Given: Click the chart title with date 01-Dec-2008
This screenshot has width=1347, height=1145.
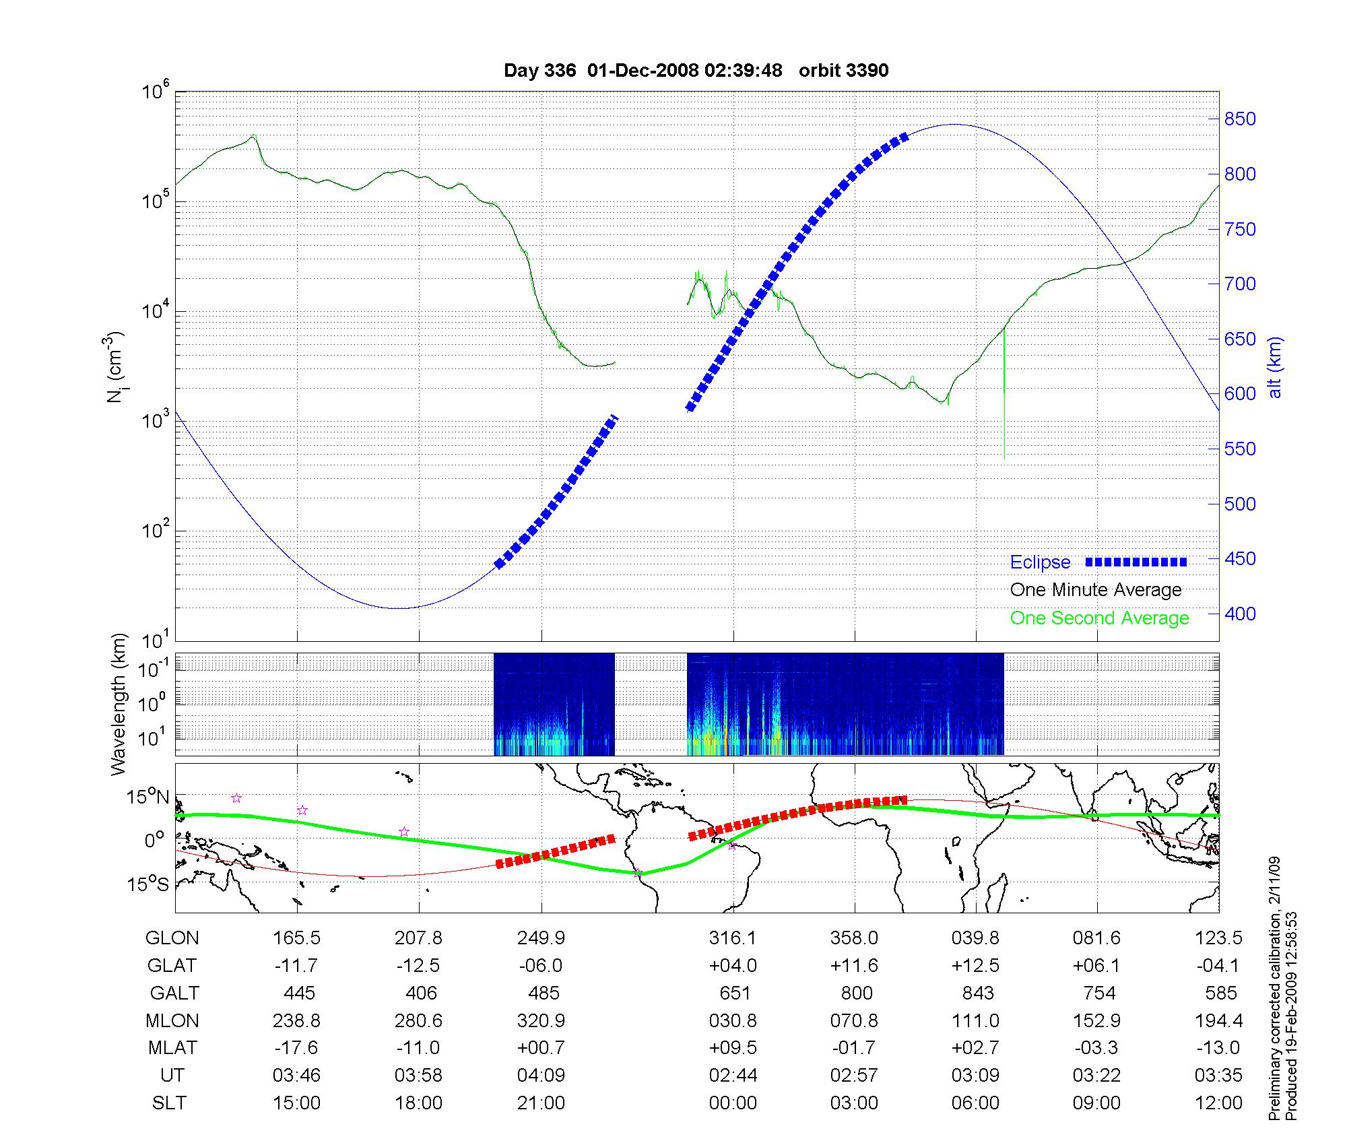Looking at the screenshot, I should tap(696, 70).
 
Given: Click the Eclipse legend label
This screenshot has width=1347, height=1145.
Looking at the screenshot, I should tap(1040, 562).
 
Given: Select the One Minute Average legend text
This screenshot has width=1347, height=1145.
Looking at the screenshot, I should tap(1096, 590).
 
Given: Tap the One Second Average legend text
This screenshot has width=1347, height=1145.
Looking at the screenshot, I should tap(1099, 618).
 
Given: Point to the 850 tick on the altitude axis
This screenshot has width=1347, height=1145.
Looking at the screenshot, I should tap(1240, 119).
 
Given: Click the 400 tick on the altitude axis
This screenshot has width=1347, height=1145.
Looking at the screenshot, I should tap(1240, 614).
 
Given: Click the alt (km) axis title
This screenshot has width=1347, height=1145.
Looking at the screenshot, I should tap(1275, 367).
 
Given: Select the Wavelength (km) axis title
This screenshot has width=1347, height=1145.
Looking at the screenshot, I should tap(119, 704).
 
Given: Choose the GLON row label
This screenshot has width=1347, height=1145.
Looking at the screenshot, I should tap(172, 938).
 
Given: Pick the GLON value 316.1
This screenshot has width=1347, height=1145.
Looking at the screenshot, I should tap(733, 938).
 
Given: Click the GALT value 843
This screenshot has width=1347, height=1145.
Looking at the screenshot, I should tap(978, 993).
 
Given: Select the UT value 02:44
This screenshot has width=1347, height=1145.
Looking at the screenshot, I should tap(733, 1076).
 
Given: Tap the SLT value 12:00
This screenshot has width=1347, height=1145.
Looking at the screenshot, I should tap(1218, 1103).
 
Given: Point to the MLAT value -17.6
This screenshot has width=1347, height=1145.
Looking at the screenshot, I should tap(296, 1048).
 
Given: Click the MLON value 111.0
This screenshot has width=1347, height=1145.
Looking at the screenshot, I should tap(975, 1021).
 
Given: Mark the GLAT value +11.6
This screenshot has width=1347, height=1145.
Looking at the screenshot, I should tap(854, 966).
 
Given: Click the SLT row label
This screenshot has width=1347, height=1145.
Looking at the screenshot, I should tap(169, 1103).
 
